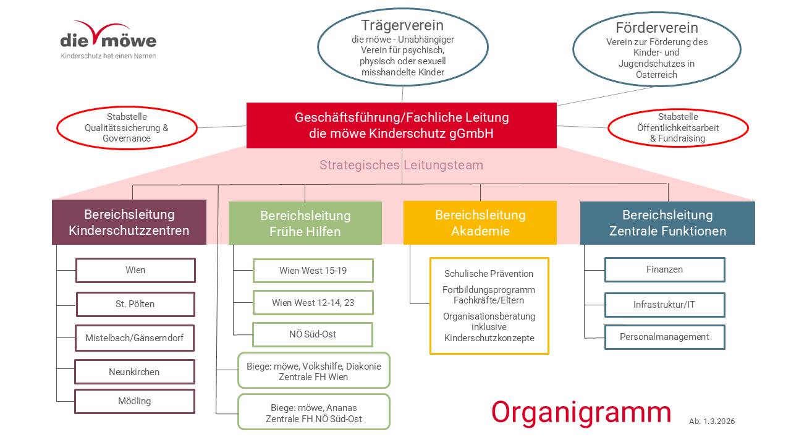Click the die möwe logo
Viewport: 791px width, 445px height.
coord(108,41)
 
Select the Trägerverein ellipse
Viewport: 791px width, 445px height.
coord(402,49)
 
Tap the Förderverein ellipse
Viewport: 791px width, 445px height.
coord(657,50)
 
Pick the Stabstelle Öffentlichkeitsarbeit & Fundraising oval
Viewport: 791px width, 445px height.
coord(678,128)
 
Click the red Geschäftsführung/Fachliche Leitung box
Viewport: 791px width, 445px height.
coord(402,125)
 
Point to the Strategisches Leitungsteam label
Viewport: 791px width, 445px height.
coord(401,165)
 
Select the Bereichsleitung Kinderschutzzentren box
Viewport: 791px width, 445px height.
coord(129,222)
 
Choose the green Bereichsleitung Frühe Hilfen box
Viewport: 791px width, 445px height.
coord(305,223)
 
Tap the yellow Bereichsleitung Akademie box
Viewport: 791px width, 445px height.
coord(480,223)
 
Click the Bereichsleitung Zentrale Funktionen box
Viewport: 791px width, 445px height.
coord(667,223)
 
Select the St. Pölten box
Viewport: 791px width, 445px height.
coord(135,304)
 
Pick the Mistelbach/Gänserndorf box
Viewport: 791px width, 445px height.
coord(135,338)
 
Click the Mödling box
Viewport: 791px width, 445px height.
coord(135,401)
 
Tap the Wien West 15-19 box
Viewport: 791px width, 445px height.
coord(313,271)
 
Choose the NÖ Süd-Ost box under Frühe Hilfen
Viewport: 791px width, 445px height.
coord(313,334)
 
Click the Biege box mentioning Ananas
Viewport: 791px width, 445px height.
coord(314,413)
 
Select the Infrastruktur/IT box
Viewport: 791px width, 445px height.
coord(664,305)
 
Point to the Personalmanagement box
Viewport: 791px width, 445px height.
coord(664,337)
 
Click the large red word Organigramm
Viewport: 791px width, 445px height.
coord(581,412)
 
